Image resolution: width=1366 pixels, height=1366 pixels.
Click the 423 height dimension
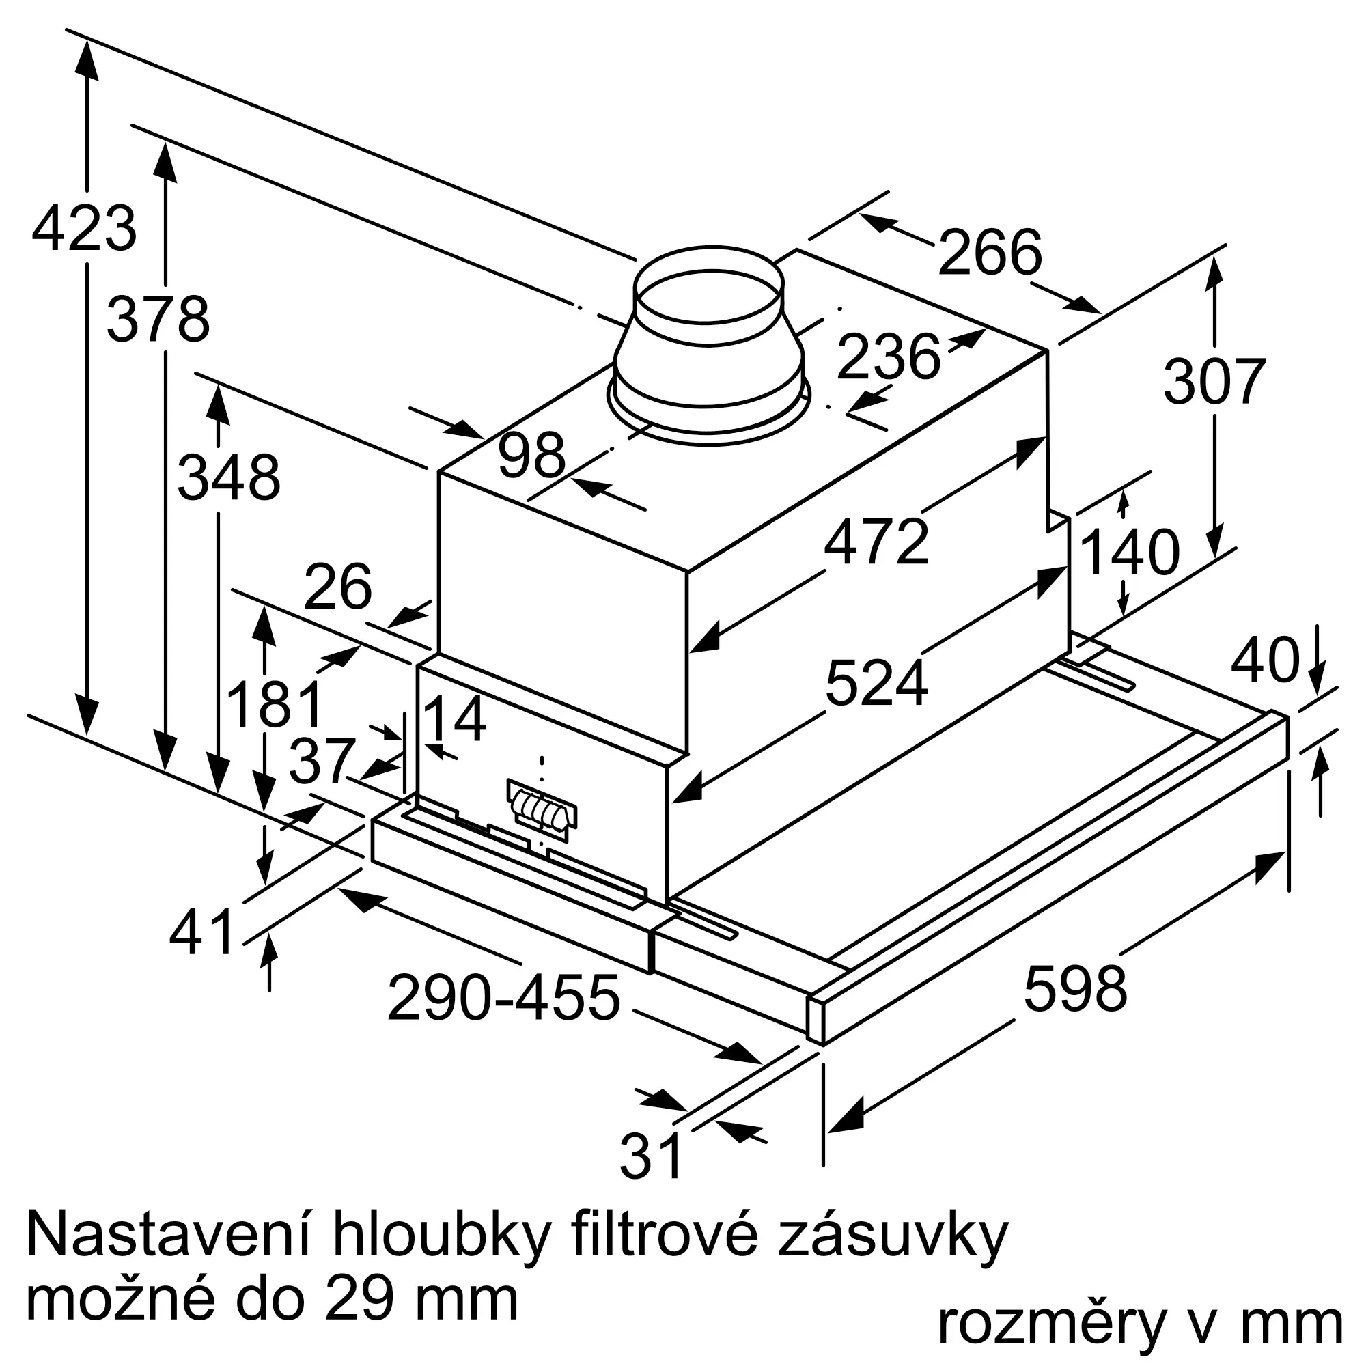click(x=84, y=228)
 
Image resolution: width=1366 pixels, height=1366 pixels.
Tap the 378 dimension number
click(x=158, y=320)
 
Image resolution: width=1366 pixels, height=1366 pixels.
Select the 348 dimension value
click(x=228, y=478)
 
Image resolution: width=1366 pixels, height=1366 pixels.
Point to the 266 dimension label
click(x=989, y=252)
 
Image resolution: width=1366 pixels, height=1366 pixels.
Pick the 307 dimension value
click(x=1214, y=382)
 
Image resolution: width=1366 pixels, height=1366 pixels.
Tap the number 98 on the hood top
click(x=531, y=456)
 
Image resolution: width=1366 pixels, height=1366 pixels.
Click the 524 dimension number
click(x=876, y=683)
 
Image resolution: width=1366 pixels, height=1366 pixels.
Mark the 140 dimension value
click(x=1130, y=553)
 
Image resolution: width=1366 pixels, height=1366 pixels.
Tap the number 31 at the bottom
click(x=651, y=1156)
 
